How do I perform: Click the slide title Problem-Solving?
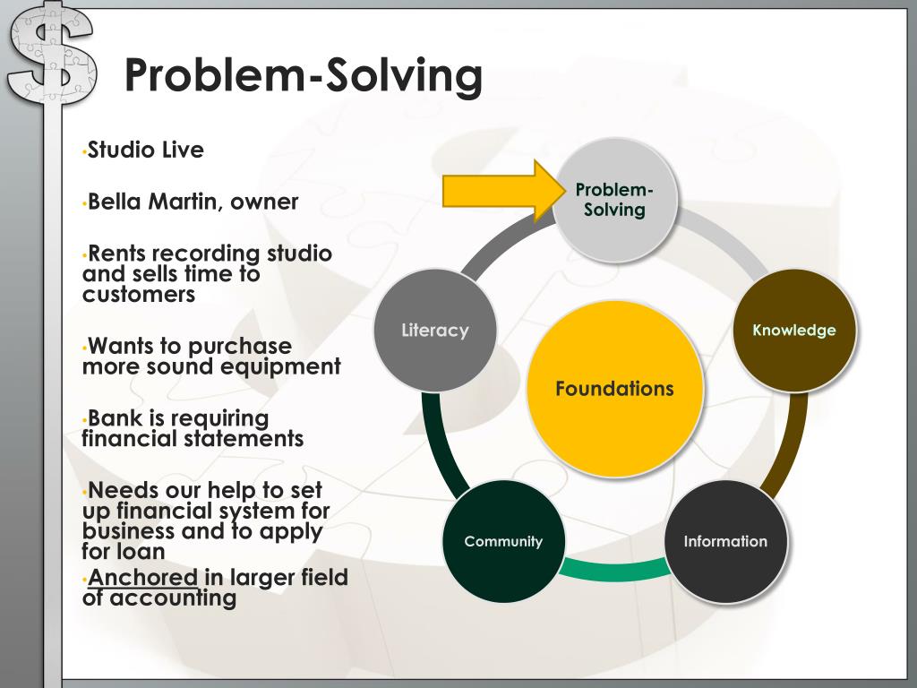tap(303, 75)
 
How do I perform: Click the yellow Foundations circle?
tap(614, 389)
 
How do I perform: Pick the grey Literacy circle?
tap(434, 331)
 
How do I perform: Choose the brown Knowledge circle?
tap(794, 331)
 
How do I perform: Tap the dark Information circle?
tap(725, 541)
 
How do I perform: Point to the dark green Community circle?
tap(503, 541)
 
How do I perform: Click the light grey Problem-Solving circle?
tap(614, 200)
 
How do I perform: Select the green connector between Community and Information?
tap(614, 568)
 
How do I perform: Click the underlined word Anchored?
tap(142, 578)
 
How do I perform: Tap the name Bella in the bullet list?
tap(119, 202)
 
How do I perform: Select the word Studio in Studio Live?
tap(121, 150)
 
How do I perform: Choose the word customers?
tap(138, 295)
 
